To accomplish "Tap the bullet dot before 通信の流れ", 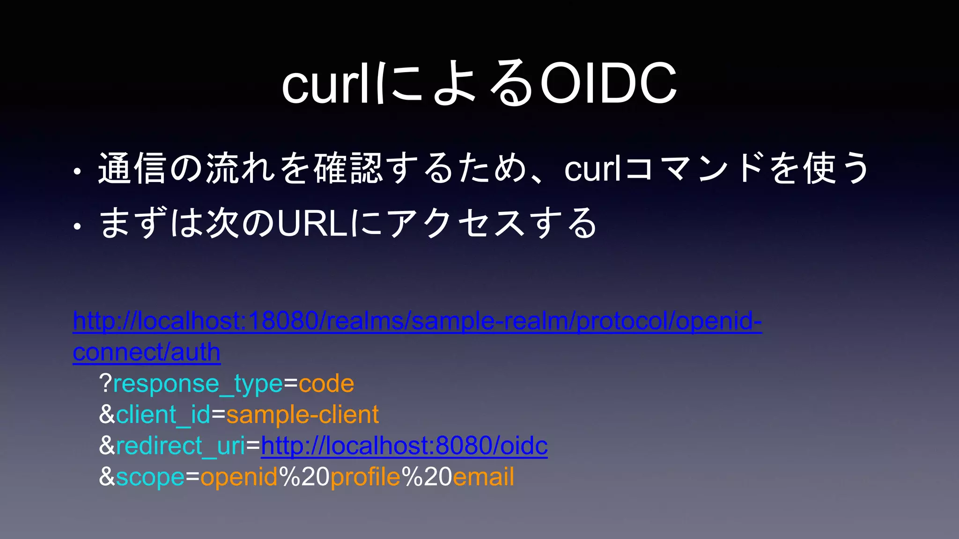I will tap(77, 173).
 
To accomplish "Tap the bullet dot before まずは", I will tap(77, 227).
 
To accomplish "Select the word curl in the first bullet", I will tap(593, 168).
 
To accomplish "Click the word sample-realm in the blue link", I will tap(489, 321).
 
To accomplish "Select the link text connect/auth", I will tap(147, 352).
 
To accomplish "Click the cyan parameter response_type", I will tap(198, 384).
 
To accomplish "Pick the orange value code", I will tap(326, 384).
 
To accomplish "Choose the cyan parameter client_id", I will tap(163, 415).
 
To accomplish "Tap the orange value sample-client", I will tap(302, 415).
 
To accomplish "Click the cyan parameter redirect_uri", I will tap(181, 446).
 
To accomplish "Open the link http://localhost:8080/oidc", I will tap(404, 446).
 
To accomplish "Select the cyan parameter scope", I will tap(150, 477).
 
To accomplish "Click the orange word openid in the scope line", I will tap(239, 477).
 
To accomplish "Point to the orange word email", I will tap(483, 477).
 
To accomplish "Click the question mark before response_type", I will tap(105, 384).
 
